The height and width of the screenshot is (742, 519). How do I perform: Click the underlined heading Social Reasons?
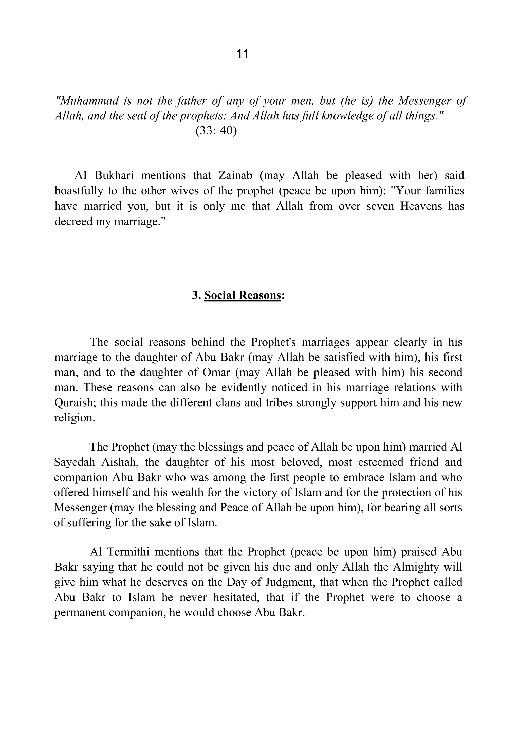[x=243, y=295]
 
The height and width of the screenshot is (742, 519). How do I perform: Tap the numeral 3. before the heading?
[x=196, y=295]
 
